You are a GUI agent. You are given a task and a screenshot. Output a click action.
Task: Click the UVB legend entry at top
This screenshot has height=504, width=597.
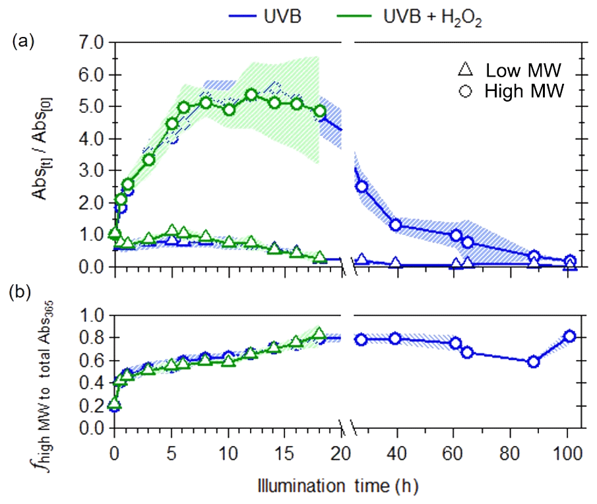261,17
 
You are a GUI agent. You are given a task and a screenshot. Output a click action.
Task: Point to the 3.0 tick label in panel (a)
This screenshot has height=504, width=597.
92,171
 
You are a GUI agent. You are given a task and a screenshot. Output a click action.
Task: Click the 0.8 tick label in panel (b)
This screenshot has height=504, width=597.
92,338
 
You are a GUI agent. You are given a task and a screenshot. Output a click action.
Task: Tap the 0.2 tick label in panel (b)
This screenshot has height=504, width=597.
92,406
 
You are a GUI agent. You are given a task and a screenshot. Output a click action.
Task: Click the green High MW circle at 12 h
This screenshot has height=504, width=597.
251,95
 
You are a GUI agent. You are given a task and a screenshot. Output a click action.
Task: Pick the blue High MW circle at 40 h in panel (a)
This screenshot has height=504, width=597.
396,225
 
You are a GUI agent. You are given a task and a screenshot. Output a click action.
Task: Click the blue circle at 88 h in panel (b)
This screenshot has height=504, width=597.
534,362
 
